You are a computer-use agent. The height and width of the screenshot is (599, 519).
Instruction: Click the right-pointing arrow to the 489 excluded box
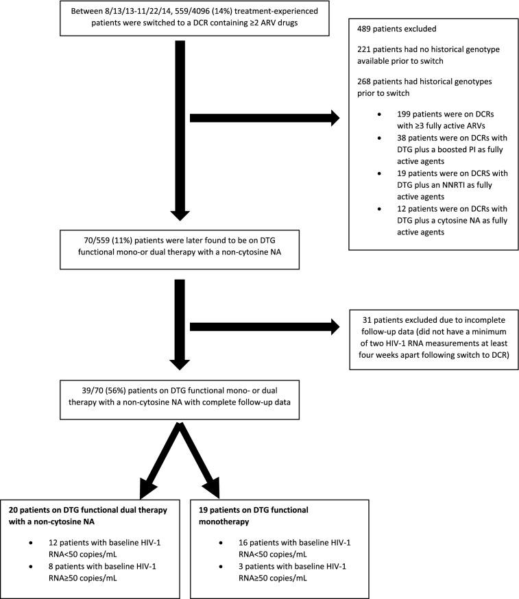point(264,118)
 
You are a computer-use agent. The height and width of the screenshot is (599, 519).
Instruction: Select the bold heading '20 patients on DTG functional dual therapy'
point(96,510)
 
